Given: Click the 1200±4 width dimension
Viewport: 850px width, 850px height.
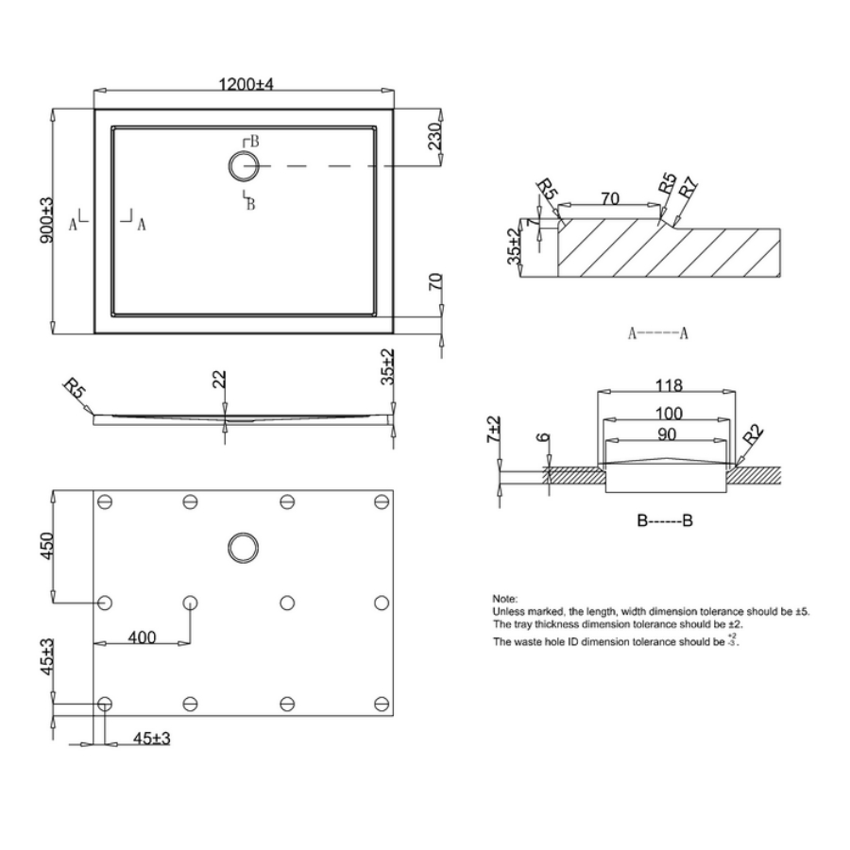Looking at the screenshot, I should tap(246, 84).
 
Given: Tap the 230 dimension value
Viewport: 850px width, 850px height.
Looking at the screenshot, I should tap(434, 137).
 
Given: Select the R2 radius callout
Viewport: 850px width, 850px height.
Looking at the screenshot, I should tap(753, 437).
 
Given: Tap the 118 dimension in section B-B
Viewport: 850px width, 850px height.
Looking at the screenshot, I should tap(667, 386).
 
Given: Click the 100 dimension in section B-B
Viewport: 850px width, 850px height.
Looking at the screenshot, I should tap(667, 414).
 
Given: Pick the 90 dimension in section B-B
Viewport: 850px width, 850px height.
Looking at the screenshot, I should tap(667, 435).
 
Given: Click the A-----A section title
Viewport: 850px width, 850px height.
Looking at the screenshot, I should tap(657, 332).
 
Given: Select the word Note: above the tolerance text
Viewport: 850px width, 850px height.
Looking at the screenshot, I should tap(504, 599).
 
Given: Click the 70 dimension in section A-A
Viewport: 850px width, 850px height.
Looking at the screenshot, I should tap(610, 199).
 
